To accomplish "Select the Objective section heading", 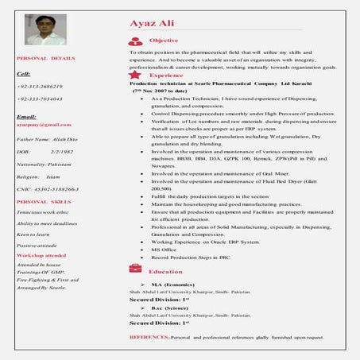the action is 164,40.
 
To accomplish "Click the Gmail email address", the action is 39,125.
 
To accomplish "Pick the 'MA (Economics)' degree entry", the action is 173,284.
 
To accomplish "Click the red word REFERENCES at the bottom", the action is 149,338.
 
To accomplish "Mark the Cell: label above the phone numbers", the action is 24,73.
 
